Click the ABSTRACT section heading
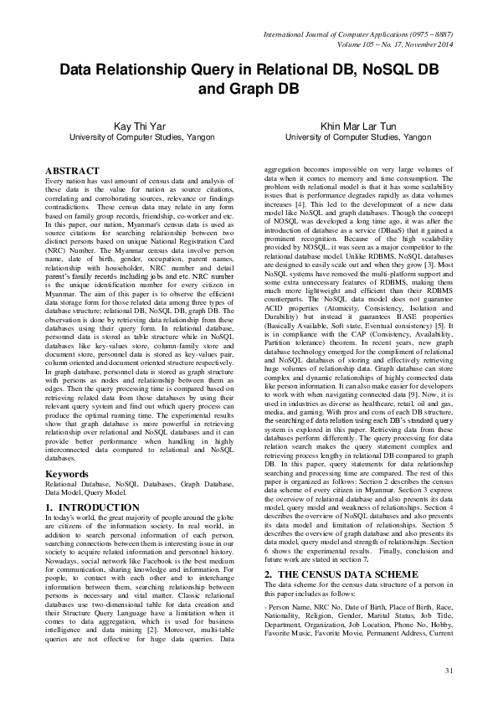point(72,171)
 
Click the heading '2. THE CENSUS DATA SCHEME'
point(341,574)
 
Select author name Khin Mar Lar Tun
point(358,126)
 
